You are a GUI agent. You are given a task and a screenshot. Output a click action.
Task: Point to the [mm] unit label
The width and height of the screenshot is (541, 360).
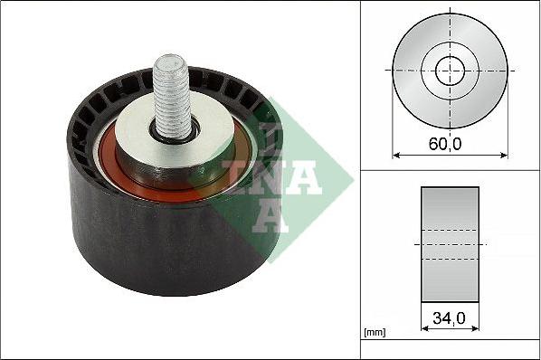pos(374,333)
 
